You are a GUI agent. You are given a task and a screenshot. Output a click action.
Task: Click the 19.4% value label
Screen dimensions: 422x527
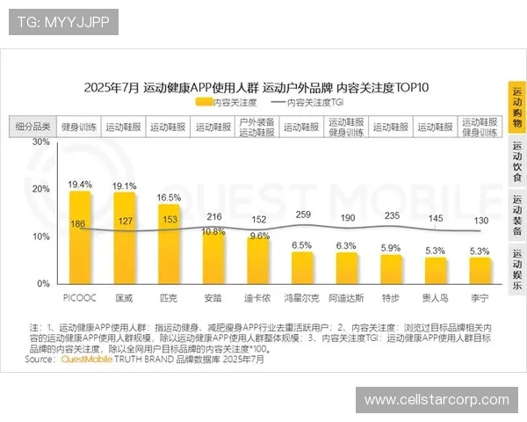tap(80, 185)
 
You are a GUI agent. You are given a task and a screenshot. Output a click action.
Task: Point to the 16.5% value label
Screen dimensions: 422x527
tap(169, 198)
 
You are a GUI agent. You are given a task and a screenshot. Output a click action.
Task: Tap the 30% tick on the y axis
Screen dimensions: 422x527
tap(40, 142)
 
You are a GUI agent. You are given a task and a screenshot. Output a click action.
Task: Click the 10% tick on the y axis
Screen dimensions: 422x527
tap(40, 236)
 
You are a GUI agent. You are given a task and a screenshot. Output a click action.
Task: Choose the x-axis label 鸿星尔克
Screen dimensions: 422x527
tap(302, 297)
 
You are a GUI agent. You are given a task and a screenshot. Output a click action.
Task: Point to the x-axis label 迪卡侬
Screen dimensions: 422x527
tap(257, 297)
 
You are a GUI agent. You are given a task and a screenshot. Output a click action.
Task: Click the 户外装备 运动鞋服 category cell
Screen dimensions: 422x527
tap(257, 127)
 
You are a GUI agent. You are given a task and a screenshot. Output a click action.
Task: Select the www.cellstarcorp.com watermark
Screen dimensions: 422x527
tap(437, 400)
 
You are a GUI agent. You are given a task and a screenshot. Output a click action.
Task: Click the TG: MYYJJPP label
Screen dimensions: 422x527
tap(63, 21)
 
